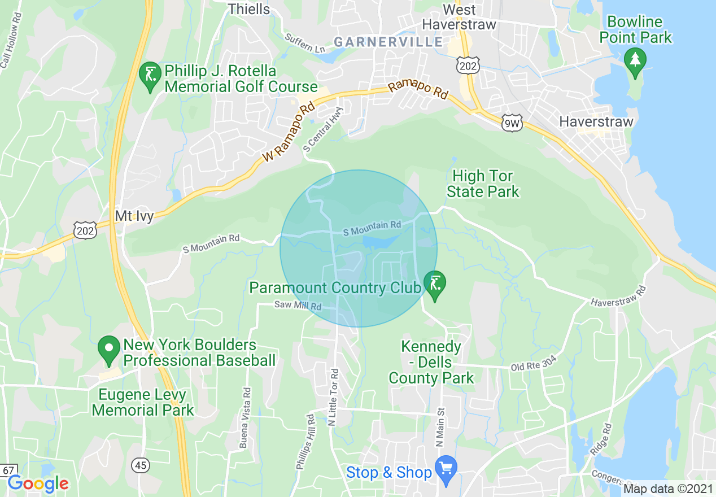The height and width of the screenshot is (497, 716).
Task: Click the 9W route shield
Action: [x=512, y=123]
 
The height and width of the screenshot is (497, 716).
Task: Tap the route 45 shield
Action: [x=141, y=465]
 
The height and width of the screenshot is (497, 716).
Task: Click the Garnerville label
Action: [x=388, y=42]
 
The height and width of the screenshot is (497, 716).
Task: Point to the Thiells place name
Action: [x=249, y=9]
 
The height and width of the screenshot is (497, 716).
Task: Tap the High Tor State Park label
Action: [x=483, y=184]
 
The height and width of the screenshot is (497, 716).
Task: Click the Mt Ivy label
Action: [x=134, y=216]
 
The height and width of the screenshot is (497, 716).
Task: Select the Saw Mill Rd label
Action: [x=298, y=306]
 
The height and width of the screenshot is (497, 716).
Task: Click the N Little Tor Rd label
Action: [x=334, y=397]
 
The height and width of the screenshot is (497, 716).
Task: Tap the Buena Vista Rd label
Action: [x=245, y=418]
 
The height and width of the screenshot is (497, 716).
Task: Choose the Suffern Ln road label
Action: [x=305, y=43]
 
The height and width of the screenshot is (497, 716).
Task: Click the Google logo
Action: [x=38, y=483]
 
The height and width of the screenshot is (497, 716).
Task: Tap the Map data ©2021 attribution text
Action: [x=668, y=489]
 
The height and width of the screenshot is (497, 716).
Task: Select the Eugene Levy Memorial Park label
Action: [x=142, y=402]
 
